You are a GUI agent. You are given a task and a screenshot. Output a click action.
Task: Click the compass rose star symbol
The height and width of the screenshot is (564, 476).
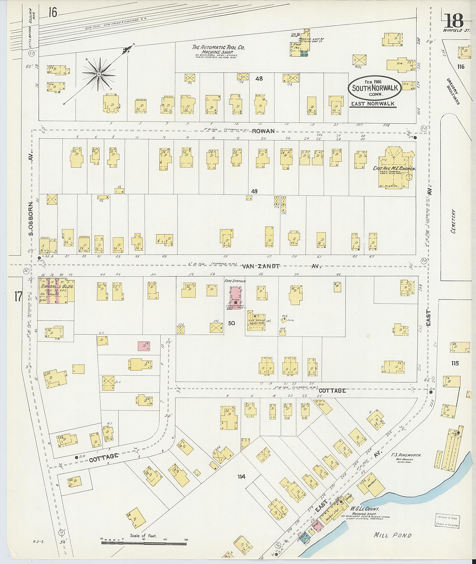point(99,74)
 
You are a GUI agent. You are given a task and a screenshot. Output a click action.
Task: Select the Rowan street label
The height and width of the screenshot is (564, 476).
point(263,131)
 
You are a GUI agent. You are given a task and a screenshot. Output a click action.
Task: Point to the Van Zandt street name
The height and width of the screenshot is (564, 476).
point(260,266)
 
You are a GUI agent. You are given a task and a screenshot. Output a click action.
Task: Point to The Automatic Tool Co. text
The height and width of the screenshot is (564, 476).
point(218,47)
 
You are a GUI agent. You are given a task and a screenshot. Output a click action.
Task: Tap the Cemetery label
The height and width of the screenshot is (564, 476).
point(453,221)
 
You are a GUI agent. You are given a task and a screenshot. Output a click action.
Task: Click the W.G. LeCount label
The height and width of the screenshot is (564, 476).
point(365,509)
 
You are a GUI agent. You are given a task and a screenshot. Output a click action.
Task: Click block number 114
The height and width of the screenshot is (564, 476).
point(241,477)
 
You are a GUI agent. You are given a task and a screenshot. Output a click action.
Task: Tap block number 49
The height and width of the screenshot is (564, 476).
point(254,191)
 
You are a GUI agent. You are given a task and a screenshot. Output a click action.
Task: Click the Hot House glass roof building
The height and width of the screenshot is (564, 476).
point(256,322)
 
